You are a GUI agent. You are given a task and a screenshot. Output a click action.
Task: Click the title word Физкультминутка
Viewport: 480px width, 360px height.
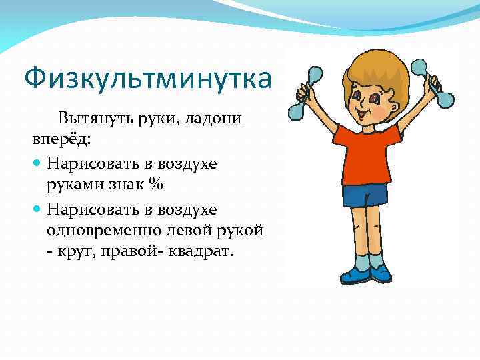(x=148, y=79)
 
